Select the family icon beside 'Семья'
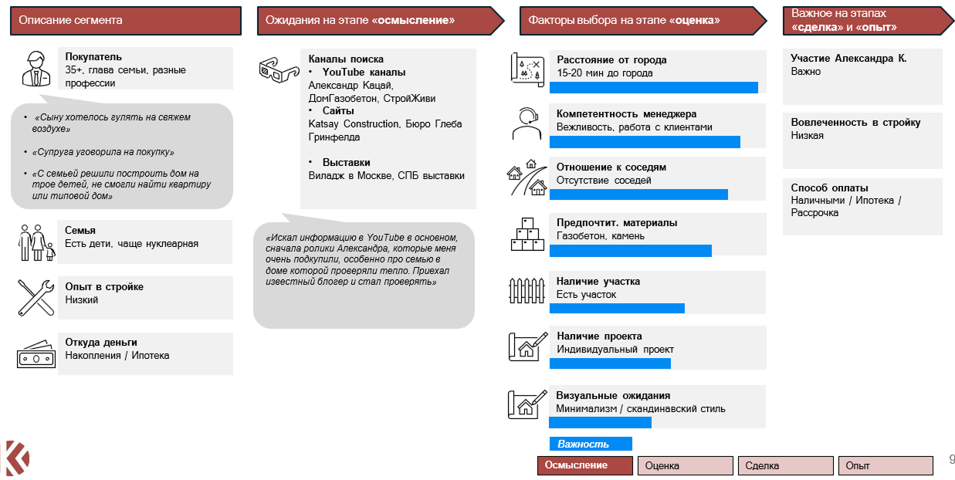[36, 242]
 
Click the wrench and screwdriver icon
[36, 297]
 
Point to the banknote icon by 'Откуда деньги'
[36, 353]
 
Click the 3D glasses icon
[278, 69]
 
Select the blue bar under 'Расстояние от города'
[653, 87]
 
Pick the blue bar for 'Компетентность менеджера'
[645, 142]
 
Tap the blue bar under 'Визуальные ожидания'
[600, 422]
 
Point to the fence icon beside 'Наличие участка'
[527, 290]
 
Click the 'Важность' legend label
[591, 444]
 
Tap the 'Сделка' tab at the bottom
[785, 466]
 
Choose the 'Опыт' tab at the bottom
[885, 466]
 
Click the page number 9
[951, 460]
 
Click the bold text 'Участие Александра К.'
[848, 59]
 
